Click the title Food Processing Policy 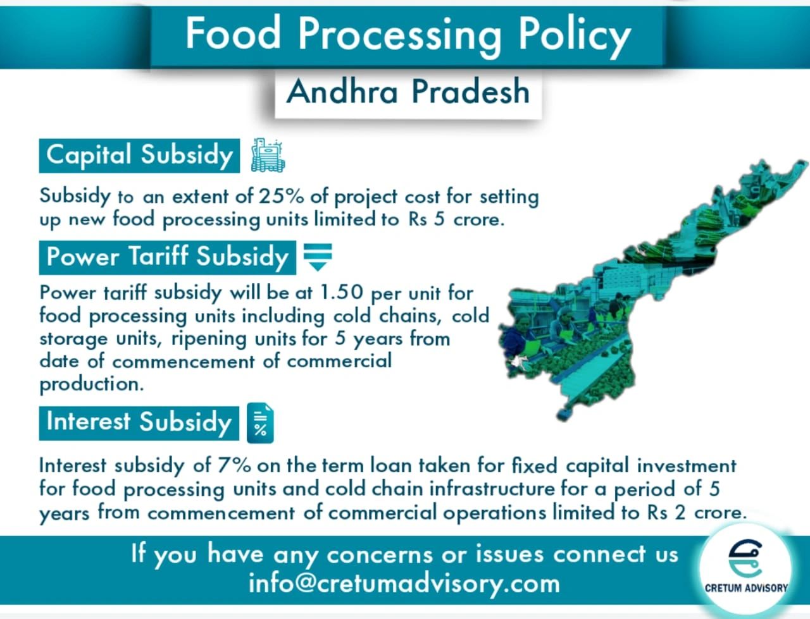tap(408, 34)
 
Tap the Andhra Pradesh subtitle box tap(408, 92)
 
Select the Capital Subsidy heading tap(140, 156)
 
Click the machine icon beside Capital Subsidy tap(268, 156)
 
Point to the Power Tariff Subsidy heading tap(168, 257)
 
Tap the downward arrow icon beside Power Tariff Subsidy tap(318, 257)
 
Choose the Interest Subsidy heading tap(139, 422)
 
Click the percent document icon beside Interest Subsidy tap(260, 423)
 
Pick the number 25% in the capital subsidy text tap(281, 196)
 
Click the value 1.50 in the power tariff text tap(342, 293)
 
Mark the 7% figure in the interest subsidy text tap(234, 465)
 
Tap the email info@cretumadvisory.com tap(404, 583)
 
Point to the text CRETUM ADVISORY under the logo tap(746, 588)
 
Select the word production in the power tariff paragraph tap(91, 384)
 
